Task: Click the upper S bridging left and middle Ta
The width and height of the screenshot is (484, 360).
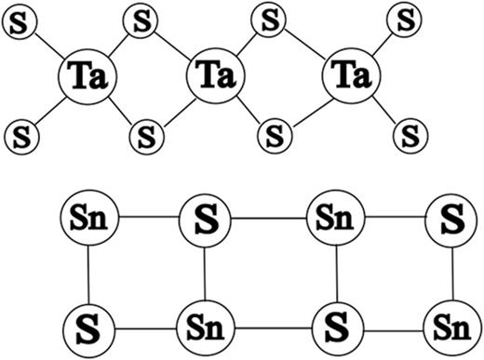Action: pos(142,20)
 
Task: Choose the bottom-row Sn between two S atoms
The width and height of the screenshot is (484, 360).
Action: pos(204,328)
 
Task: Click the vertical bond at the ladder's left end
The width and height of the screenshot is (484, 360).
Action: pos(87,275)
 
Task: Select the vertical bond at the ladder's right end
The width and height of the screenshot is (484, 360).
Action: pos(451,275)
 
